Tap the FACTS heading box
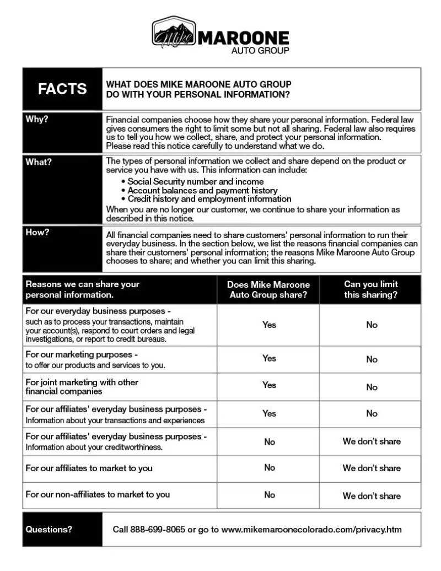click(x=62, y=89)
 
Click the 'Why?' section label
click(x=37, y=120)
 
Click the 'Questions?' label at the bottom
click(x=49, y=530)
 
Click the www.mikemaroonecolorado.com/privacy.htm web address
click(x=311, y=530)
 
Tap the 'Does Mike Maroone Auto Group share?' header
click(x=268, y=290)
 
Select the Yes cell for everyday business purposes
click(x=269, y=325)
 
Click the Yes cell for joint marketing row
click(x=269, y=385)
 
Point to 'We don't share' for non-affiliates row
click(x=372, y=496)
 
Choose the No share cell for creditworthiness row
click(x=269, y=441)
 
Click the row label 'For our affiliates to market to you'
click(x=89, y=468)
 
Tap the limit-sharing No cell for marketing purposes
click(x=372, y=359)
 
